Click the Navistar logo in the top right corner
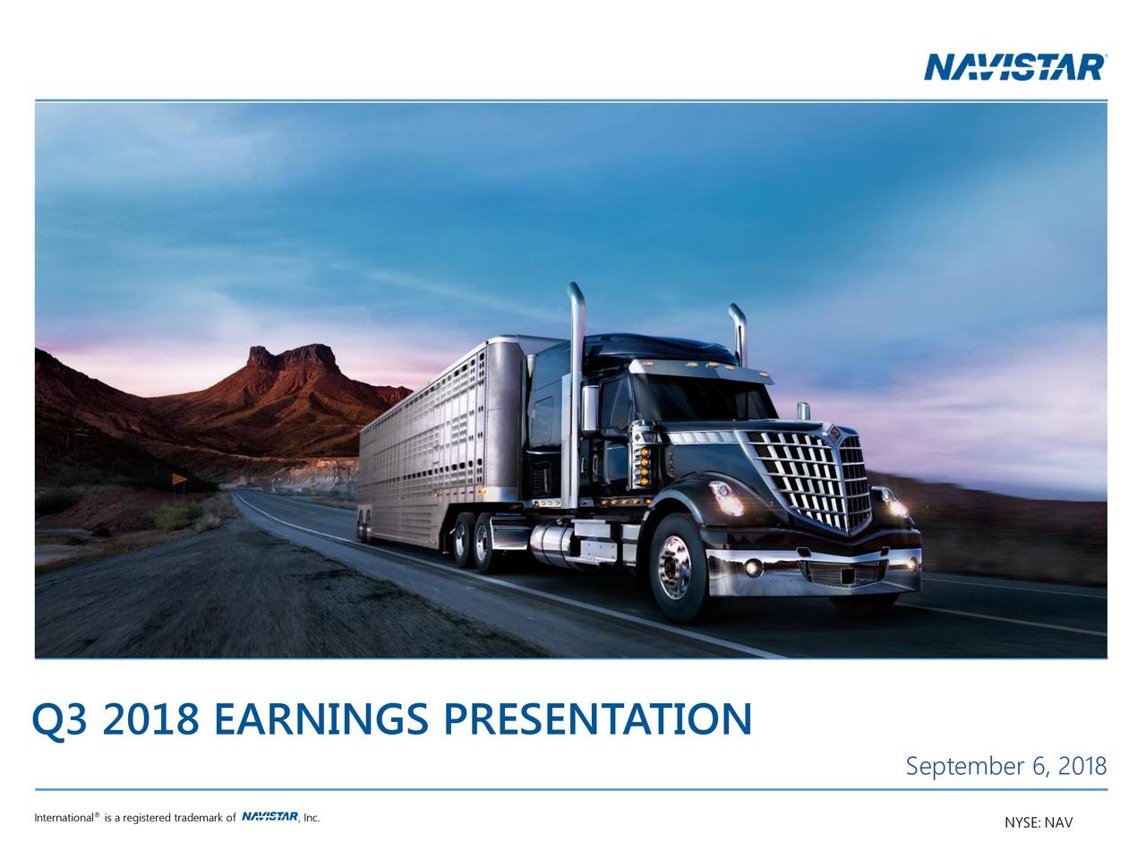pos(1014,66)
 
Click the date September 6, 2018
pos(1006,768)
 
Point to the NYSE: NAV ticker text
pos(1038,823)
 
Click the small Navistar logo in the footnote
pos(269,816)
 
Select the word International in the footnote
pos(64,817)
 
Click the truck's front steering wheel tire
pos(677,566)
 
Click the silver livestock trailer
pos(439,439)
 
